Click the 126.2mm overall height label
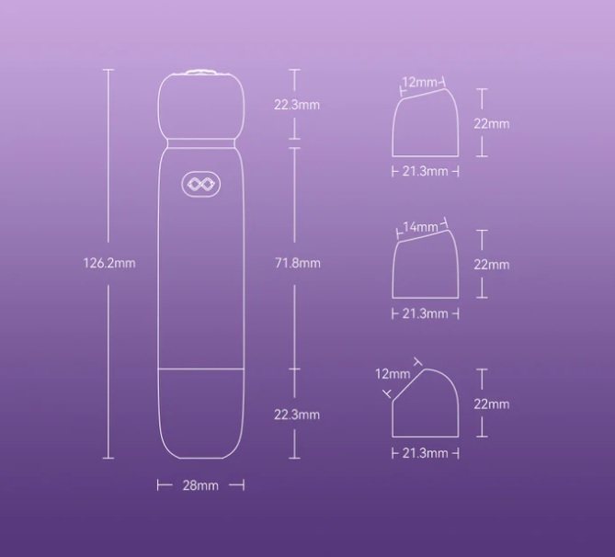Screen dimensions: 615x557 point(109,263)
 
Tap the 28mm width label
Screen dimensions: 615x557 point(200,485)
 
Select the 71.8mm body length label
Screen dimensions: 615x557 point(297,263)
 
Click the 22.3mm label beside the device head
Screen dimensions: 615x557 point(297,105)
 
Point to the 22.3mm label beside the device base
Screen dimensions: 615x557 point(297,415)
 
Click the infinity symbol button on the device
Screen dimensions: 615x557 point(200,184)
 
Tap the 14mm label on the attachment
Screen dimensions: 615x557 point(420,227)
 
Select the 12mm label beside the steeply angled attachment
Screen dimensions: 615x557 point(393,374)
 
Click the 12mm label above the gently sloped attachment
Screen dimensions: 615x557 point(420,83)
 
